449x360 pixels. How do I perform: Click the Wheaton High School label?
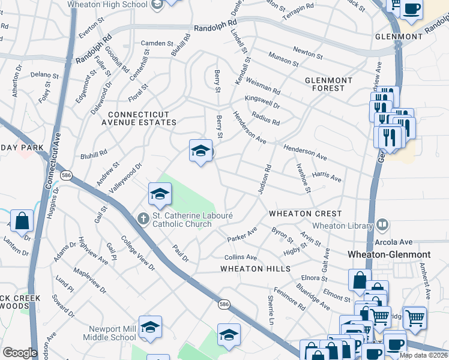click(108, 4)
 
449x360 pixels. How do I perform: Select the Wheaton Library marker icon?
click(382, 226)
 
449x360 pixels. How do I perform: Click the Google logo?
click(19, 353)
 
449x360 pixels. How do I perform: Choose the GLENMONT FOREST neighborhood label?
click(333, 84)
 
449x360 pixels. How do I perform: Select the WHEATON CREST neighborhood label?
click(305, 214)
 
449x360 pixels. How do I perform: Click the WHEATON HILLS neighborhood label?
click(255, 269)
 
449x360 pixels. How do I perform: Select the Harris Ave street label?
click(327, 176)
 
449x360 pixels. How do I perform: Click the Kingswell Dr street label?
click(262, 101)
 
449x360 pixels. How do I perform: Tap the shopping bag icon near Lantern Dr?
click(22, 220)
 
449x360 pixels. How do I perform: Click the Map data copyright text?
click(424, 355)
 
